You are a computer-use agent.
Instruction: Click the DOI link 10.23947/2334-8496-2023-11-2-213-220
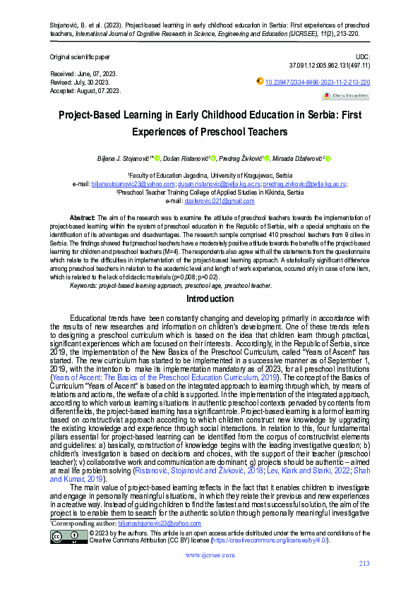point(317,83)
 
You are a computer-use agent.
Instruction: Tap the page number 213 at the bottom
point(364,563)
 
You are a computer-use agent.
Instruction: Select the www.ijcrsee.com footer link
point(210,555)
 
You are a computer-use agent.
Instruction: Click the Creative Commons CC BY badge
point(68,537)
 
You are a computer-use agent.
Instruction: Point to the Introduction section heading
point(210,298)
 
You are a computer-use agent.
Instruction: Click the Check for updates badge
point(345,95)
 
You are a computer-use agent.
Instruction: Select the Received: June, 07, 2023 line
point(83,74)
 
